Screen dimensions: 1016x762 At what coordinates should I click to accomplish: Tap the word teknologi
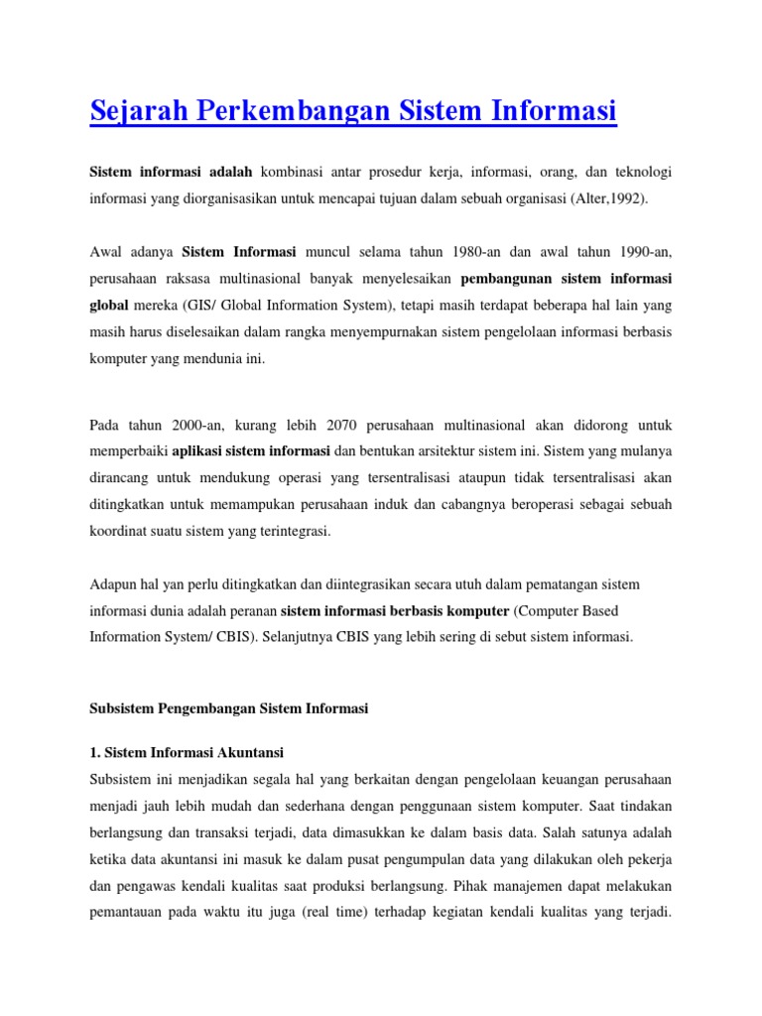[x=636, y=173]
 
